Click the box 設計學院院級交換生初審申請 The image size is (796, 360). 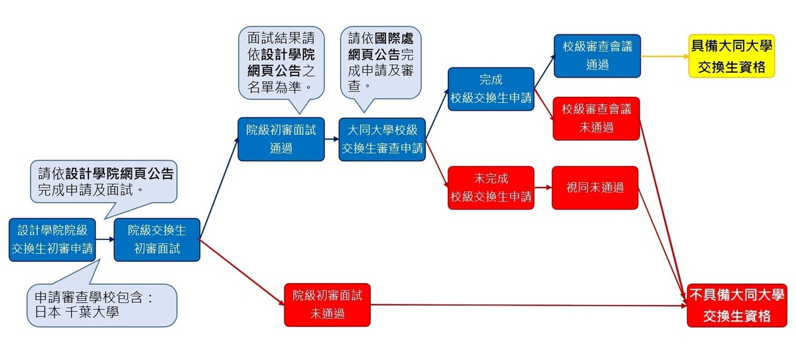click(x=52, y=239)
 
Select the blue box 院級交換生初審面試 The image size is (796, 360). click(x=157, y=239)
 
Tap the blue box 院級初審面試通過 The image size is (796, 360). click(x=281, y=139)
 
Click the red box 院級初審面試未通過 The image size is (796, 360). click(x=327, y=305)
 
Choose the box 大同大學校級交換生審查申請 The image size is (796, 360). click(x=381, y=139)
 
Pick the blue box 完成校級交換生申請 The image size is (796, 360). click(x=491, y=89)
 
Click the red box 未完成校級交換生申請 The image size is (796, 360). click(x=491, y=188)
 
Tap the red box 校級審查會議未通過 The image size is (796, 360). click(x=596, y=118)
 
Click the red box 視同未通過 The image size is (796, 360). click(x=595, y=188)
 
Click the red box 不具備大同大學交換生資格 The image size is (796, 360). click(x=736, y=305)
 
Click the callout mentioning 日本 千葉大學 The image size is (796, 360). click(x=103, y=304)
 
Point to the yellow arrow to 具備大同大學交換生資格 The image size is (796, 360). click(x=663, y=57)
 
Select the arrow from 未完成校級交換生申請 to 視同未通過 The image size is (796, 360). click(x=543, y=188)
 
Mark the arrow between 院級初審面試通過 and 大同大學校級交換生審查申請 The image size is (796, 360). click(x=332, y=139)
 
